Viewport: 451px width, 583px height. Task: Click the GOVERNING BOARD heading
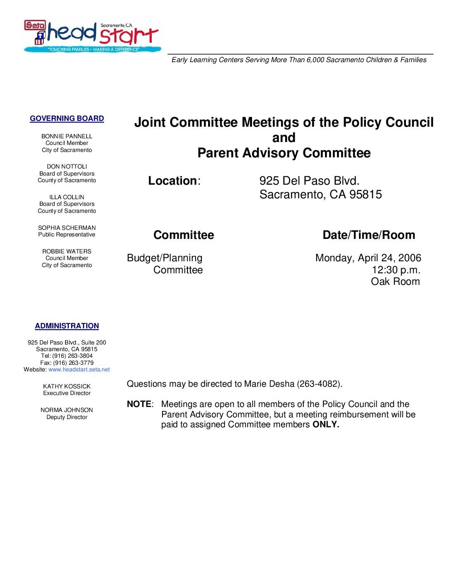(67, 118)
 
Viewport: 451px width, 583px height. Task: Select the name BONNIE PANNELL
(67, 136)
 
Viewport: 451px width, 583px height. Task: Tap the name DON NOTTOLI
(67, 166)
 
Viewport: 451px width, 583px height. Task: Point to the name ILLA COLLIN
(67, 197)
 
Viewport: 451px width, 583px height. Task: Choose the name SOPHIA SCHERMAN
(67, 228)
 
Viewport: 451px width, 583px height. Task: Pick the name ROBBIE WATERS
(67, 251)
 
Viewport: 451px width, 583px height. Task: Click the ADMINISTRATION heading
(67, 326)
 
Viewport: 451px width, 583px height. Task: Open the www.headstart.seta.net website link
(79, 369)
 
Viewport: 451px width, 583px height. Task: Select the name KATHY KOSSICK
(67, 386)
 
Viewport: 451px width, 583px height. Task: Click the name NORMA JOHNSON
(67, 410)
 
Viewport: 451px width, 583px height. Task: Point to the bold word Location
(172, 181)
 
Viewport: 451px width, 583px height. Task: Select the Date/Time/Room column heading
(369, 235)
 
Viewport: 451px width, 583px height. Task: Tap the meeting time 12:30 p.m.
(396, 270)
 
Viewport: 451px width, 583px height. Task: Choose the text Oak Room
(395, 282)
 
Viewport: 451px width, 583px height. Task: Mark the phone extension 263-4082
(319, 384)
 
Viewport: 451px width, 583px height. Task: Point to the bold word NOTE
(139, 404)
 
